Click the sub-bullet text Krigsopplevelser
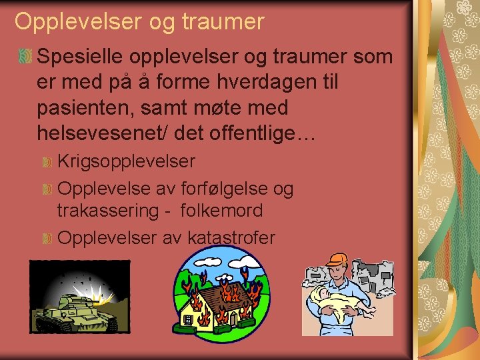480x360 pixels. (x=127, y=162)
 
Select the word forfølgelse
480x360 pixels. (x=222, y=189)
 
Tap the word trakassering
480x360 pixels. (x=107, y=211)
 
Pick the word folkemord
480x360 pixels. (x=221, y=211)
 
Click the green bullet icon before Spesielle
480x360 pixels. (x=25, y=57)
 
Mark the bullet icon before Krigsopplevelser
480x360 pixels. (x=47, y=162)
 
